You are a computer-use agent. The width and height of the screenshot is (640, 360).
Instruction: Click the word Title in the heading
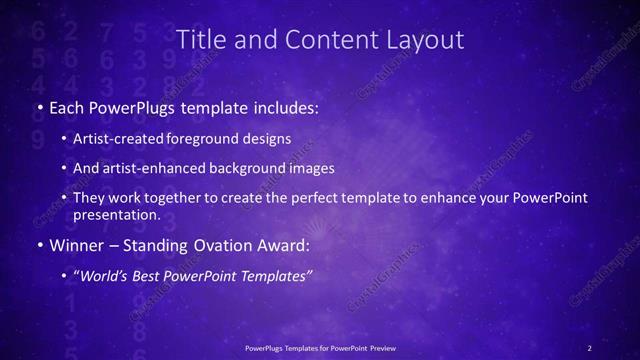pos(198,40)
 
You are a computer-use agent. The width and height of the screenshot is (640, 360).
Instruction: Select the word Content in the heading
pos(319,40)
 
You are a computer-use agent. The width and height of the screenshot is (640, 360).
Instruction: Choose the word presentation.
pos(117,214)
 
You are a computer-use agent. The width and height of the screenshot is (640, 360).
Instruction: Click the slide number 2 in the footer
pos(589,347)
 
